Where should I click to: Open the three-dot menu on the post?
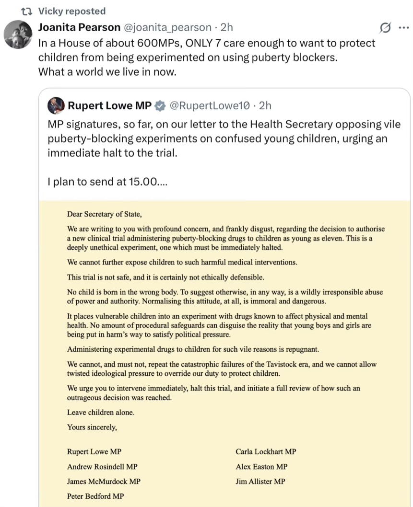pos(403,28)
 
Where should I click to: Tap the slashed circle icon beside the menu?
pos(385,28)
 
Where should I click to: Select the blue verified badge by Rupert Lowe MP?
pos(160,105)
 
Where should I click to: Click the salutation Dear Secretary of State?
pos(104,214)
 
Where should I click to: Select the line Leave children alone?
pos(101,412)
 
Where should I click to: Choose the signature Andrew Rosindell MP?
pos(102,466)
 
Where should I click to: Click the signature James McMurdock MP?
pos(104,481)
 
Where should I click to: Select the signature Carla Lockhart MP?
pos(266,451)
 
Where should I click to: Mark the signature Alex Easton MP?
pos(261,466)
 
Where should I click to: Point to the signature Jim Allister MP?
pos(260,481)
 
